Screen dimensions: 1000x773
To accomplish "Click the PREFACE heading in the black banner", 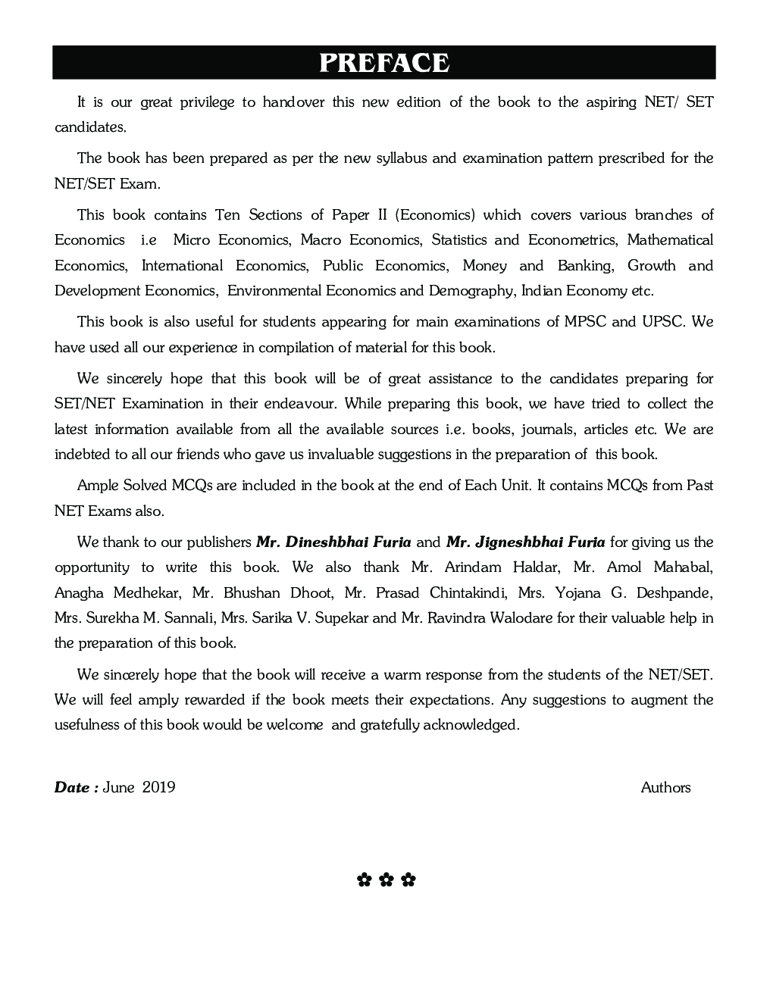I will coord(384,63).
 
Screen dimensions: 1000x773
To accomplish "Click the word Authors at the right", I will coord(665,787).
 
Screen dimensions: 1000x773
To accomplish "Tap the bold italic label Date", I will coord(72,787).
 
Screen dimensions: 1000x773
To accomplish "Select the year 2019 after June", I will coord(158,787).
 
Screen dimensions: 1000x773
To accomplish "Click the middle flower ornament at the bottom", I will coord(386,880).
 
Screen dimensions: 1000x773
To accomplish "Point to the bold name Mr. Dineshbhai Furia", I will coord(333,542).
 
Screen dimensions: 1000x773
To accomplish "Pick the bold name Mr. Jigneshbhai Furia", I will coord(525,542).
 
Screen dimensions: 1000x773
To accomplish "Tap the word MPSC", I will coord(584,322).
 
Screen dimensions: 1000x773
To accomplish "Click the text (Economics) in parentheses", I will coord(435,215).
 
